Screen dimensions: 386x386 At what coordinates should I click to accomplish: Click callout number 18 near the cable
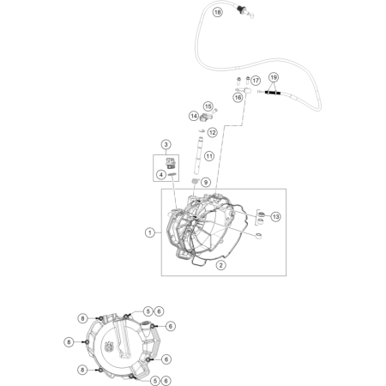click(218, 12)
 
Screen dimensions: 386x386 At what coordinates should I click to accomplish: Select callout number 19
click(274, 77)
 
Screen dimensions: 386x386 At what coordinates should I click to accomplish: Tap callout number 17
click(256, 81)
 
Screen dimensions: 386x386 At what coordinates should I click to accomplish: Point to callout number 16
click(238, 98)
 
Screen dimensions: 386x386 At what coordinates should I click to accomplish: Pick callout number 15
click(208, 106)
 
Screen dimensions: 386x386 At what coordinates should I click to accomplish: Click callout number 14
click(194, 116)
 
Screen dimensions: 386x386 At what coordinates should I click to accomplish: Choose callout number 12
click(212, 132)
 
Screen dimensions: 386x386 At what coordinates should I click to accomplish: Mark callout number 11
click(209, 156)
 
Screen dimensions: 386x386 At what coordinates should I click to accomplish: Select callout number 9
click(206, 182)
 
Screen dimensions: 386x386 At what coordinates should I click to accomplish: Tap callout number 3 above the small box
click(166, 144)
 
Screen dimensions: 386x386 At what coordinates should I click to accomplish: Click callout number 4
click(161, 174)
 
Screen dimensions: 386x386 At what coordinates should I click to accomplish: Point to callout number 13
click(275, 217)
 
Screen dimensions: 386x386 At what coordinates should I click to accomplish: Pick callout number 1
click(150, 232)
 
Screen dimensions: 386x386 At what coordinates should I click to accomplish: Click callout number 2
click(220, 265)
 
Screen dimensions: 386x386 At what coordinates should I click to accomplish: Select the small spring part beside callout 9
click(195, 182)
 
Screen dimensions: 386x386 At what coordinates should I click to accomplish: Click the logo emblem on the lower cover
click(110, 347)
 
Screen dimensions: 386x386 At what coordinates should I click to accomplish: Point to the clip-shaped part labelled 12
click(202, 130)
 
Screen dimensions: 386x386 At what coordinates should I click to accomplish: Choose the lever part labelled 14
click(205, 117)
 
